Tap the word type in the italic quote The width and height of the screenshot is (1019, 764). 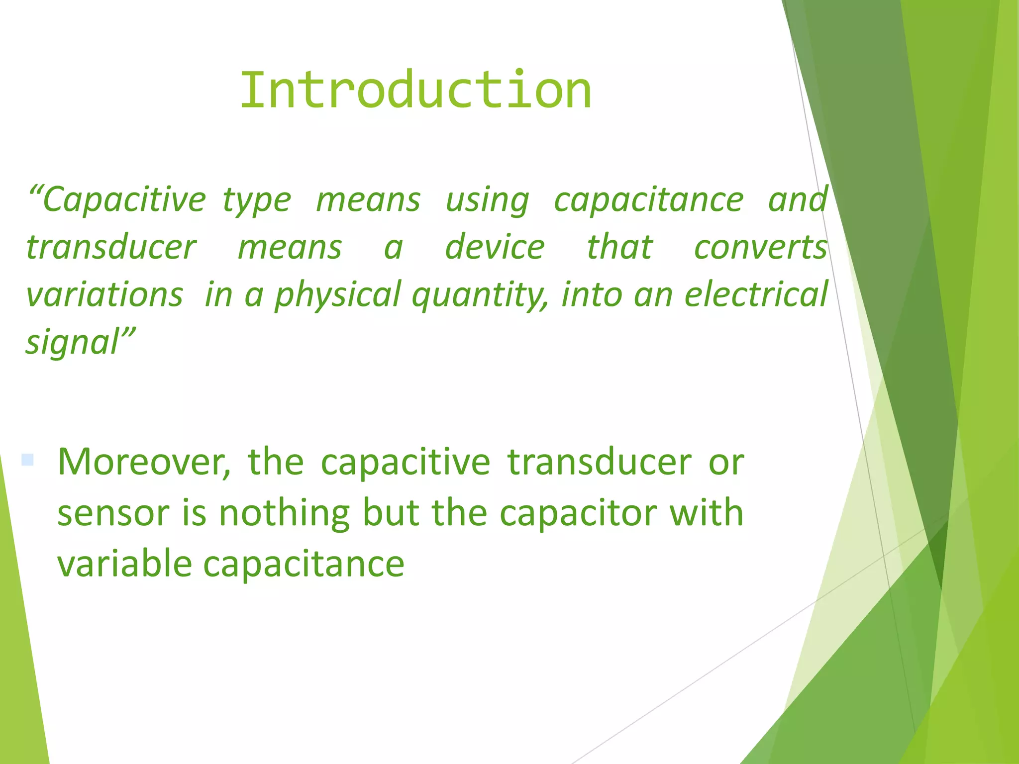click(x=256, y=201)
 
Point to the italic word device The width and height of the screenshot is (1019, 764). click(x=495, y=247)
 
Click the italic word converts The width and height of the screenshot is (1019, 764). click(x=760, y=247)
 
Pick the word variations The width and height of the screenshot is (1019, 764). click(x=104, y=294)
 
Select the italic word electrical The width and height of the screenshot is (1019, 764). click(x=756, y=294)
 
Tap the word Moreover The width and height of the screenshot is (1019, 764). click(x=144, y=463)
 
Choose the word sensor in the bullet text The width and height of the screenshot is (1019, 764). click(x=113, y=513)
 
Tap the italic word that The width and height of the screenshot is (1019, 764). click(x=619, y=247)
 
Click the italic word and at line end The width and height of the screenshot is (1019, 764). click(x=797, y=200)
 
